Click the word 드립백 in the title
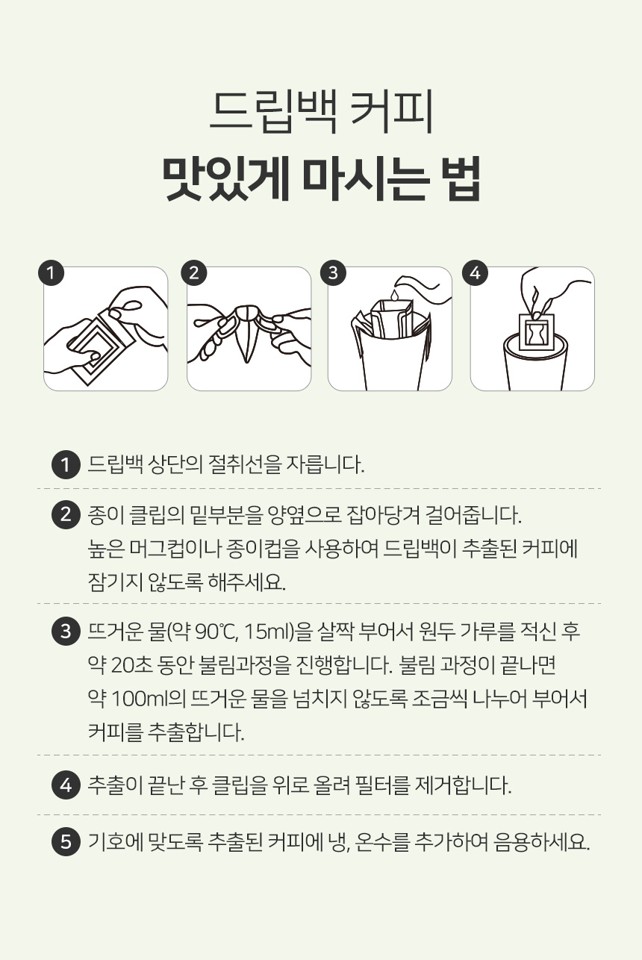[273, 110]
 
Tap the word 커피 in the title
[393, 110]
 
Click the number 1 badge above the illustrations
[51, 273]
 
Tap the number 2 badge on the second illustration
[193, 273]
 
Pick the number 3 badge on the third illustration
[334, 273]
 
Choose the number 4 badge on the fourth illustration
[476, 273]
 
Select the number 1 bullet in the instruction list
[66, 464]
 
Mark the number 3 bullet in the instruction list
[66, 632]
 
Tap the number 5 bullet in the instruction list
[66, 842]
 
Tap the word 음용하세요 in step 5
[542, 842]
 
